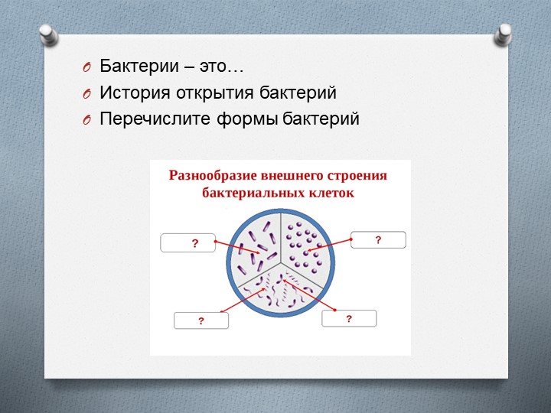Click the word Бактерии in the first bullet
(x=132, y=67)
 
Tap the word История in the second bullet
(x=132, y=93)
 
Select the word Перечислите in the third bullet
(x=148, y=120)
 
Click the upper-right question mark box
(x=378, y=240)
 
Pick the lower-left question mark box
(x=201, y=320)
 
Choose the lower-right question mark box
(x=349, y=317)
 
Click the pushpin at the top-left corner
(x=48, y=36)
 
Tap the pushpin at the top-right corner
(x=504, y=32)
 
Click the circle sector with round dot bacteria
(x=305, y=241)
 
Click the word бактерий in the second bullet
(x=306, y=93)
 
